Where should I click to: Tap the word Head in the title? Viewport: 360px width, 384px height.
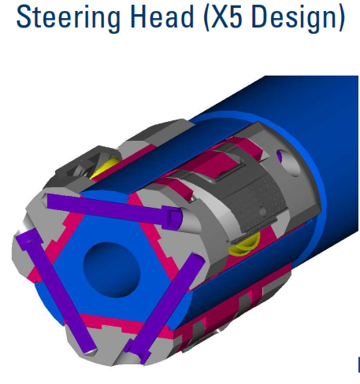[x=162, y=17]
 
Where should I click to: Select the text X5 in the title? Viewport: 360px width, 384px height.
[x=226, y=17]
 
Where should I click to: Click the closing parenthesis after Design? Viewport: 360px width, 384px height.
[x=340, y=17]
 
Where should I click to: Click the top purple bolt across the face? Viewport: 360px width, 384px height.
[x=114, y=209]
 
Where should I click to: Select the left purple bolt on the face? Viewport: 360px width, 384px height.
[x=56, y=290]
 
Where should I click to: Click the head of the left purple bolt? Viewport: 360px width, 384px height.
[x=28, y=238]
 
